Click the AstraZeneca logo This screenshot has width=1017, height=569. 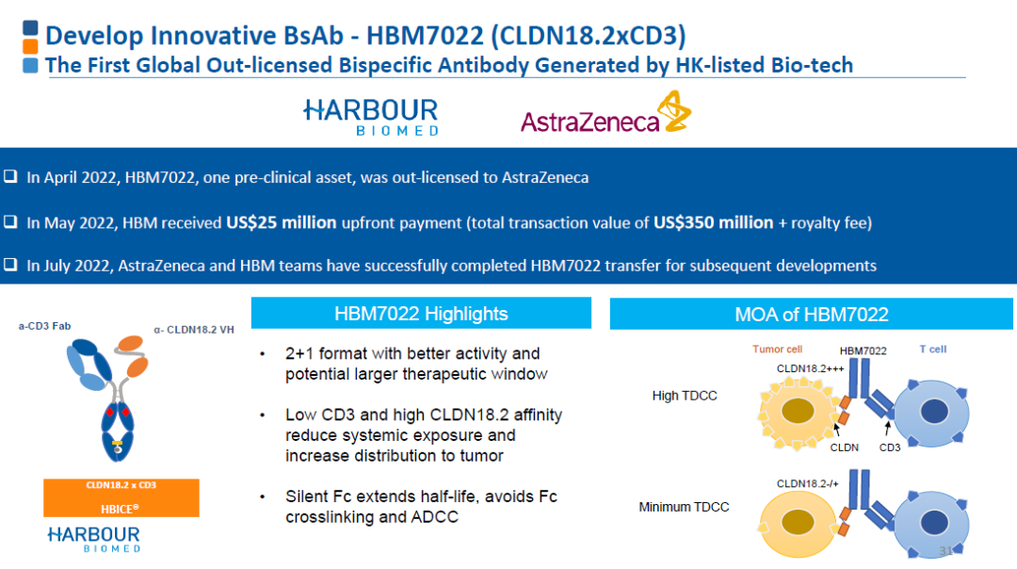(605, 113)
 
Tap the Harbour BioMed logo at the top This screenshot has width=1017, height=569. (371, 117)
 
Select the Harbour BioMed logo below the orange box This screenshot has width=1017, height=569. (94, 539)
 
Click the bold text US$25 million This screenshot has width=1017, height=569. (281, 222)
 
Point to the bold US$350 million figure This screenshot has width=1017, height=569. (714, 222)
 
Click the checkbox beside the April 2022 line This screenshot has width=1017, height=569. (10, 176)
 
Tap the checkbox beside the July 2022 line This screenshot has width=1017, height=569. (10, 265)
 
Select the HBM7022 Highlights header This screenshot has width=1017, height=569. (421, 314)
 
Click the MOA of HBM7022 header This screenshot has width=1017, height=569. (812, 314)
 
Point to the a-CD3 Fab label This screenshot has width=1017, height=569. (45, 326)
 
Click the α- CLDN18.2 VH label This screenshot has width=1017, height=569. (194, 330)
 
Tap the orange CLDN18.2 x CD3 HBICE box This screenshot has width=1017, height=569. (121, 497)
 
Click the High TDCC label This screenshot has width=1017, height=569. (685, 396)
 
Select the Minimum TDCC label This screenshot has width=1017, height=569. (684, 507)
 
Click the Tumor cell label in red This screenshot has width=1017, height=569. (777, 350)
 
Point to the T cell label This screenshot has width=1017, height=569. (932, 350)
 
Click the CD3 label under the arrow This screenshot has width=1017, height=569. (889, 447)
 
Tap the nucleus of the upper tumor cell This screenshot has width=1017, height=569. (798, 412)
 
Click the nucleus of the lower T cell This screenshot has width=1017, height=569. (934, 522)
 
